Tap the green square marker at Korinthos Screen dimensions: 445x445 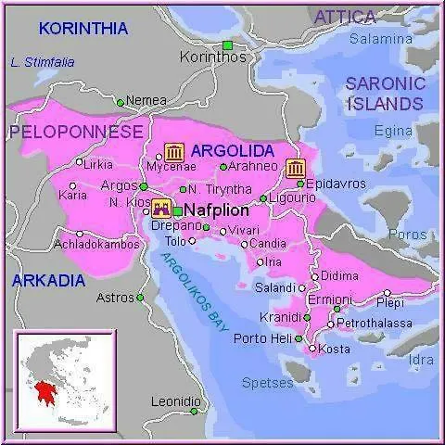pos(227,44)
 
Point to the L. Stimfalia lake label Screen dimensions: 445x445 pos(42,63)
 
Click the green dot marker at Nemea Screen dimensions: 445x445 pos(120,101)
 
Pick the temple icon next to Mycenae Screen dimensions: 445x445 pos(174,152)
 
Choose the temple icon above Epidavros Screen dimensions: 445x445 pos(297,168)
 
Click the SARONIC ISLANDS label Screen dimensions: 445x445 pos(385,93)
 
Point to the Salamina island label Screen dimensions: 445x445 pos(380,39)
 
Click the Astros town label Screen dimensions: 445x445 pos(115,298)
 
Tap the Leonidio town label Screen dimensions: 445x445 pos(175,401)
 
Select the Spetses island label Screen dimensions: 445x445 pos(267,381)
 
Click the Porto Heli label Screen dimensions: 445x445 pos(262,337)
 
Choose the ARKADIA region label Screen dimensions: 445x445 pos(48,279)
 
